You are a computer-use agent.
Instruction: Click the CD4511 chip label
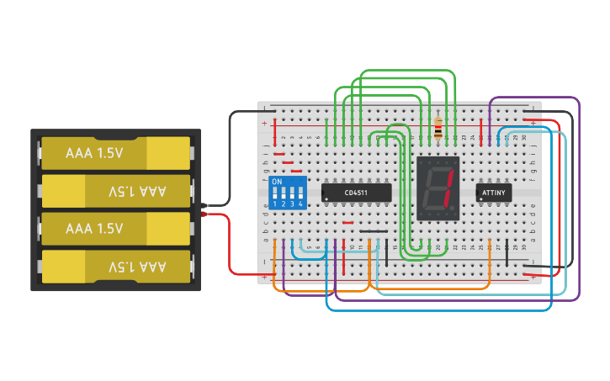tap(356, 193)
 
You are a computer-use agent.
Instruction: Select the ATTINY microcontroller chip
tap(493, 193)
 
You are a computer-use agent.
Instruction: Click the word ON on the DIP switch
tap(277, 182)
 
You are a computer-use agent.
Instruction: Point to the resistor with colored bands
tap(438, 128)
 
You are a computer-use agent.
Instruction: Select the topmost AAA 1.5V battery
tap(116, 153)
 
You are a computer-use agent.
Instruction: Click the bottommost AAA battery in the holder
tap(116, 267)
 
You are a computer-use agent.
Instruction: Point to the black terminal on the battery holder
tap(204, 204)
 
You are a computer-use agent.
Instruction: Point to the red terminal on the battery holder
tap(204, 214)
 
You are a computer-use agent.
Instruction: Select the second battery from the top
tap(116, 191)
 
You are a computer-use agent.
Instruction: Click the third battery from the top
tap(116, 229)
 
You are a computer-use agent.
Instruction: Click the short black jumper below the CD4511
tap(374, 231)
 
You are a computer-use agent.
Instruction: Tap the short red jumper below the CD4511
tap(348, 223)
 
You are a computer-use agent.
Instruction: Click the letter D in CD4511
tap(351, 193)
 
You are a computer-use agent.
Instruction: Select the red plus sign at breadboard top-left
tap(265, 124)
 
